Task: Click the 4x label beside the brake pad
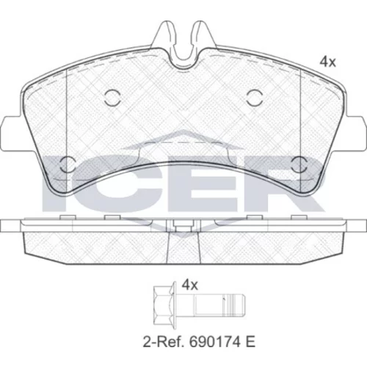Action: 328,62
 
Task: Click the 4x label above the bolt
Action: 190,285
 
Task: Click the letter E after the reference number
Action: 250,342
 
